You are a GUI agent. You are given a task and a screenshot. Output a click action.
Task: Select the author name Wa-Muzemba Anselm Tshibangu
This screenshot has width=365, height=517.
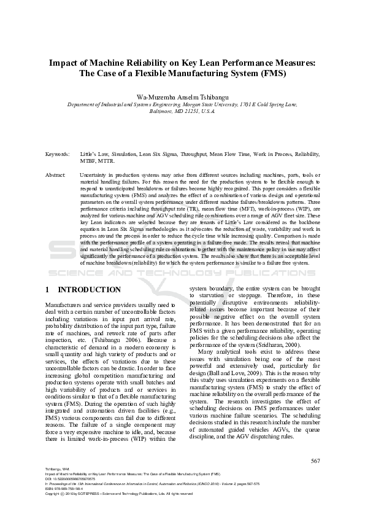pyautogui.click(x=182, y=96)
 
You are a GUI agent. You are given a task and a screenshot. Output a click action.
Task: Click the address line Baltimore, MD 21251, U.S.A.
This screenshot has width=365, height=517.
pyautogui.click(x=182, y=112)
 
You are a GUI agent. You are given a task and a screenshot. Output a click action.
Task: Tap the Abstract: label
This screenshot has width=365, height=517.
pyautogui.click(x=56, y=175)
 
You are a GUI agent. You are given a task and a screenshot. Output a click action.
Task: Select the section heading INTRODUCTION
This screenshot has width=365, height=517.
pyautogui.click(x=89, y=289)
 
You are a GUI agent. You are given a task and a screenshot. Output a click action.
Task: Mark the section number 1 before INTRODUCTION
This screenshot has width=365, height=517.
pyautogui.click(x=48, y=289)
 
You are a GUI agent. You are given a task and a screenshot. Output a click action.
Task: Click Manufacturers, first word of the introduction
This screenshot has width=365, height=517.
pyautogui.click(x=66, y=305)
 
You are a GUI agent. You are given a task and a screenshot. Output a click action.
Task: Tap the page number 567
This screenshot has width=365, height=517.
pyautogui.click(x=315, y=461)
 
